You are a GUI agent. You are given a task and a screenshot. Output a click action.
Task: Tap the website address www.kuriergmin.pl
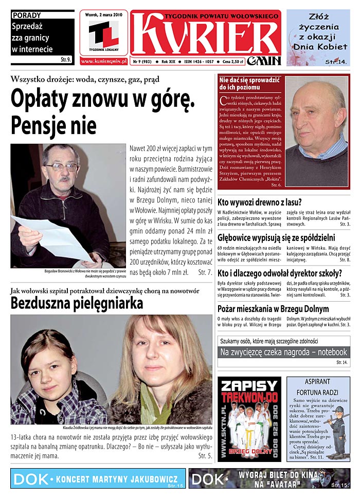coord(103,61)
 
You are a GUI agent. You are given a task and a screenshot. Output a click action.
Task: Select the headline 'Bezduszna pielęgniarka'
coord(77,304)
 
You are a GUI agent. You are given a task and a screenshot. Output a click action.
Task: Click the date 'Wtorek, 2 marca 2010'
coord(103,15)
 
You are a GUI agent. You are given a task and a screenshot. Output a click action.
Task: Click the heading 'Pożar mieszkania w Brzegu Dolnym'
coord(273,309)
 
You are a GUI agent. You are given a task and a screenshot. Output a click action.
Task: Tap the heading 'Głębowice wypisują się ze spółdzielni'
coord(276,237)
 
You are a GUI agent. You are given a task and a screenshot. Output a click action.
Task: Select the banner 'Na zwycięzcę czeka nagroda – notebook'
coord(283,352)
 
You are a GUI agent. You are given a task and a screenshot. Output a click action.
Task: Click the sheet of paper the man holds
coord(51,236)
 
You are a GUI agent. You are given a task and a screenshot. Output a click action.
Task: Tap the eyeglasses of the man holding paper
coord(61,167)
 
